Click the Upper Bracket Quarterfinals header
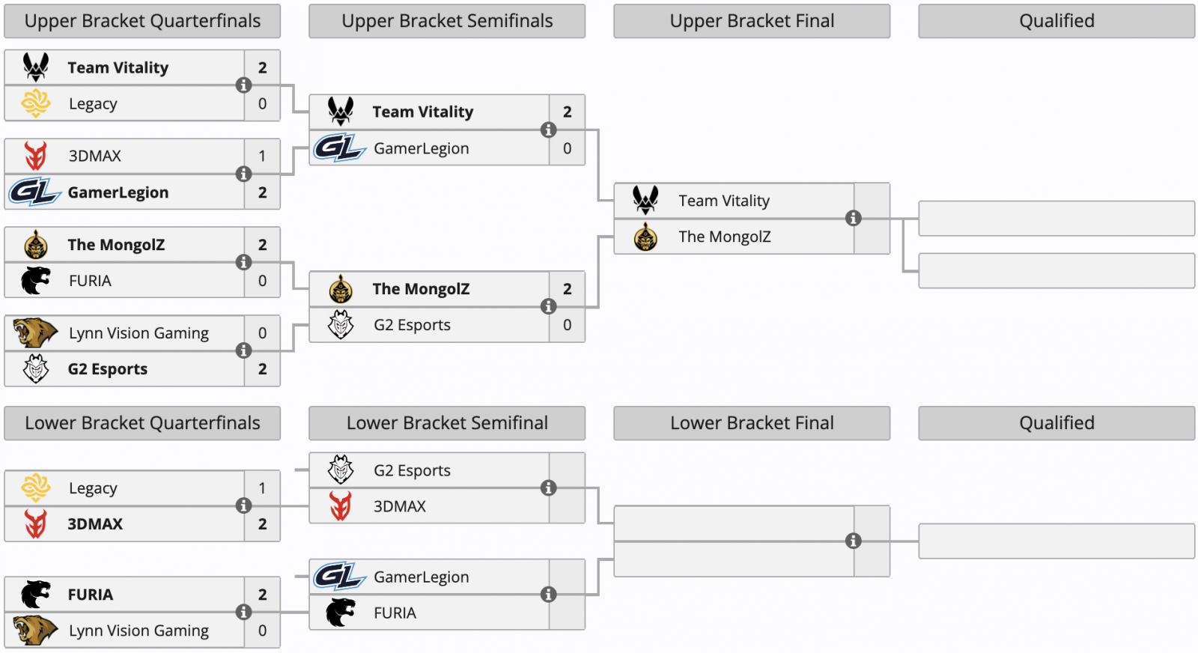[x=142, y=21]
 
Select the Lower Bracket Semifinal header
[x=447, y=423]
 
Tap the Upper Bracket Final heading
[x=752, y=21]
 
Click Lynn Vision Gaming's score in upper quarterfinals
[x=262, y=333]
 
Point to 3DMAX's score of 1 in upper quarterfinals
[x=262, y=157]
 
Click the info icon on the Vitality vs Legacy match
[x=244, y=85]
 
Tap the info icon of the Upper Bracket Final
[x=854, y=218]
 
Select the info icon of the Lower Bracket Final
[x=854, y=541]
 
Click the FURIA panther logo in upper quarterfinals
[x=36, y=281]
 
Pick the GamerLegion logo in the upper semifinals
[x=340, y=148]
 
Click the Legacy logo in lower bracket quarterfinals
[x=36, y=488]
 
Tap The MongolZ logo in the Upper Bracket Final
[x=645, y=237]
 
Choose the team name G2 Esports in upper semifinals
[x=412, y=325]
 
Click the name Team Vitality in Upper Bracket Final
[x=724, y=201]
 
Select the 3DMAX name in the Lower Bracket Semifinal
[x=400, y=506]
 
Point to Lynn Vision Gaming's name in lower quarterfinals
[x=139, y=631]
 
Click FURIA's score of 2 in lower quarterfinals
[x=262, y=595]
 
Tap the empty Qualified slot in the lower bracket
[x=1056, y=541]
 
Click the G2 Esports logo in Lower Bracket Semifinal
[x=341, y=470]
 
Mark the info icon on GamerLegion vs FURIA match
[x=549, y=594]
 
